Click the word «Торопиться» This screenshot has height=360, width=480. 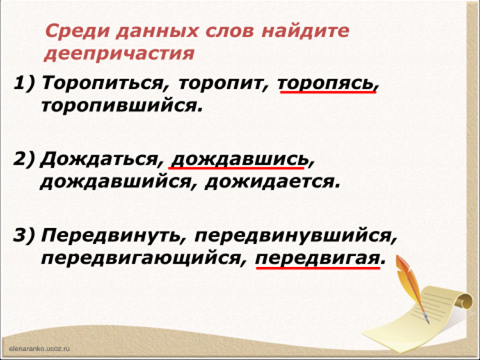click(101, 83)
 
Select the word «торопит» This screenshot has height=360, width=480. click(220, 84)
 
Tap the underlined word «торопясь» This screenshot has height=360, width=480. click(326, 84)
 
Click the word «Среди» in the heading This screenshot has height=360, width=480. click(77, 31)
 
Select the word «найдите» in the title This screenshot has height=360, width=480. click(305, 31)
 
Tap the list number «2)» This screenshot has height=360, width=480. click(24, 160)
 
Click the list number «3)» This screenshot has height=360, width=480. click(24, 236)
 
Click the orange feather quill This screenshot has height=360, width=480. click(411, 287)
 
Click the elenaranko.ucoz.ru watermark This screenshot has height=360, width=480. click(40, 348)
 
